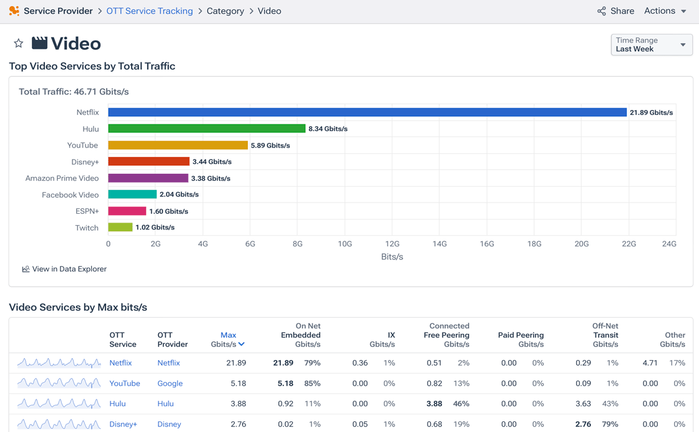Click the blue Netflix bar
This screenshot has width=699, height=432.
point(367,113)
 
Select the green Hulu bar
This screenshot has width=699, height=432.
point(207,129)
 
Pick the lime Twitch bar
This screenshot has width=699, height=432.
point(120,228)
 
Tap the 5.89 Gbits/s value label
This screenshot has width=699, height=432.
point(270,145)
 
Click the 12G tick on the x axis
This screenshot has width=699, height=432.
point(392,244)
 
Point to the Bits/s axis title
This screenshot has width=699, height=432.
point(392,257)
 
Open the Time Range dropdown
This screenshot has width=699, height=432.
point(651,44)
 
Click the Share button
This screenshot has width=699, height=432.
point(615,11)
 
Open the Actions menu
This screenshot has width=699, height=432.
point(665,11)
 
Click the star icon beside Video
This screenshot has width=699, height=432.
point(19,43)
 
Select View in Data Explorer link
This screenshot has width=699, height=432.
point(64,269)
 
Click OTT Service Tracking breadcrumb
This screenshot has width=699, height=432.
point(150,11)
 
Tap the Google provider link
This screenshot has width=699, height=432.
point(170,383)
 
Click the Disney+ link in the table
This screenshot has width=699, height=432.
point(123,424)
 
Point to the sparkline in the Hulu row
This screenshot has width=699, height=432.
point(59,404)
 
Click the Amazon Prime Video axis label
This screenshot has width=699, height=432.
point(62,178)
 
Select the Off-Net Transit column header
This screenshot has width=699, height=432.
point(605,335)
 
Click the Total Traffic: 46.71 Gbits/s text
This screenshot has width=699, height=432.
point(74,92)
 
